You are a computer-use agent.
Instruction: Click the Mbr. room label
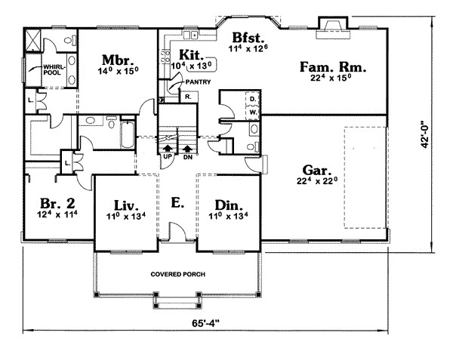pyautogui.click(x=118, y=60)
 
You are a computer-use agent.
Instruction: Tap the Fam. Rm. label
pyautogui.click(x=333, y=67)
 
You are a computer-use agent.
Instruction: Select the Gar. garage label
pyautogui.click(x=317, y=171)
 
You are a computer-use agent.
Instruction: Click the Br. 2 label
pyautogui.click(x=57, y=203)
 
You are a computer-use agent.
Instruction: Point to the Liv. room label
pyautogui.click(x=126, y=205)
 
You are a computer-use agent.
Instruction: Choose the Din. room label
pyautogui.click(x=229, y=205)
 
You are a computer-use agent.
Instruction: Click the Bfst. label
pyautogui.click(x=248, y=38)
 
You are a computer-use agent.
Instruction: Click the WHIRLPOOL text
pyautogui.click(x=54, y=70)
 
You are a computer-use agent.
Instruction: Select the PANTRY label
pyautogui.click(x=198, y=82)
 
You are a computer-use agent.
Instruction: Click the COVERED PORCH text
pyautogui.click(x=178, y=274)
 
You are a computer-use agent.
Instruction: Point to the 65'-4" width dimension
pyautogui.click(x=205, y=323)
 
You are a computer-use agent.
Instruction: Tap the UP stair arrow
pyautogui.click(x=168, y=149)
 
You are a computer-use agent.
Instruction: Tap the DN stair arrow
pyautogui.click(x=188, y=149)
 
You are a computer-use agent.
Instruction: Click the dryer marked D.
pyautogui.click(x=253, y=100)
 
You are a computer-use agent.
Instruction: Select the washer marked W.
pyautogui.click(x=254, y=112)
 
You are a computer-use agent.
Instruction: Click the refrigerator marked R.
pyautogui.click(x=188, y=97)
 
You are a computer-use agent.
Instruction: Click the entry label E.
pyautogui.click(x=177, y=202)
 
